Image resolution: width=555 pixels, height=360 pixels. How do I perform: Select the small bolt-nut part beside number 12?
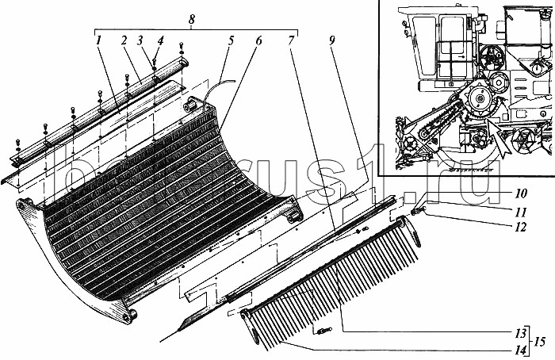tap(421, 210)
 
